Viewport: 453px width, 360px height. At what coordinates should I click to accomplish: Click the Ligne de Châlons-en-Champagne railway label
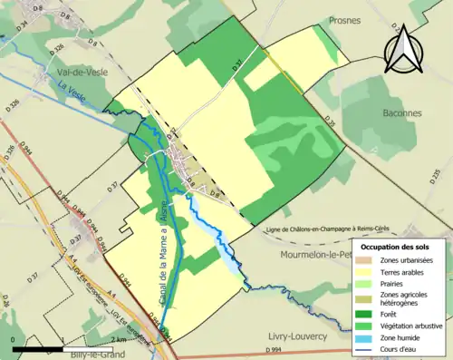tap(340, 231)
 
